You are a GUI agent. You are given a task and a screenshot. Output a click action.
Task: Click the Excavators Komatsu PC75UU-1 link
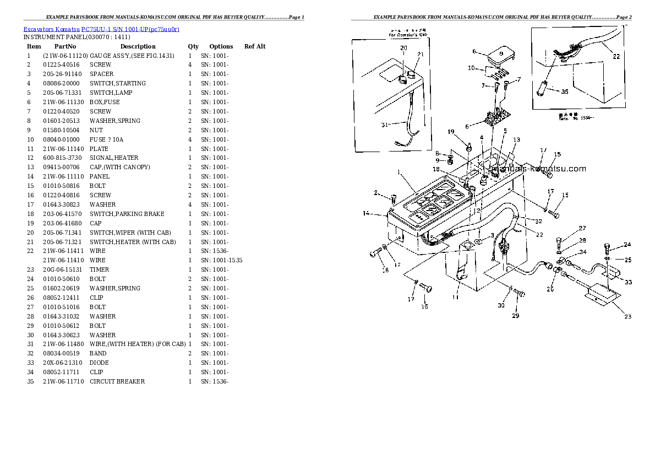101,29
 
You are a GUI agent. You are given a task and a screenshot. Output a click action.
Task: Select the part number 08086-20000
61,83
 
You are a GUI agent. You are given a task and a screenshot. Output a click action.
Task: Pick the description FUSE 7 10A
107,139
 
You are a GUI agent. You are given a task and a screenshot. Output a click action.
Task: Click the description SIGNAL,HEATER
114,158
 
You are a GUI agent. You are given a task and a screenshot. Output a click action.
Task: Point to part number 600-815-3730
63,158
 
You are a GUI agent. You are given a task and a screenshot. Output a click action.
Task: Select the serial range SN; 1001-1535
221,260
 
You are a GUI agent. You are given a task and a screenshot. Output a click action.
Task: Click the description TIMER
100,269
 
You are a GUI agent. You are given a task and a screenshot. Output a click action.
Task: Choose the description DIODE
99,363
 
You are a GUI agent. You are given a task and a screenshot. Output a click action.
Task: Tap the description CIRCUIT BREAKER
117,381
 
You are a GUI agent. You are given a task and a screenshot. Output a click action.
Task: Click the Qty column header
193,46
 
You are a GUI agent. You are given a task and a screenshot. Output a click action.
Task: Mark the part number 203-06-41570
61,214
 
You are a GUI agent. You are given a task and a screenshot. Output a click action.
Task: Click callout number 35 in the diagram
564,91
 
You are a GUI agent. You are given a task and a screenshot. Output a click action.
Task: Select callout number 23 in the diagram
627,316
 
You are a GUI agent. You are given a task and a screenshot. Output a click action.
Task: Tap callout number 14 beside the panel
366,213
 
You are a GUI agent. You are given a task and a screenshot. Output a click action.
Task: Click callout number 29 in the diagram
515,316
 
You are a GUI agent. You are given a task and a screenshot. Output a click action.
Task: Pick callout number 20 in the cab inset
403,48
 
